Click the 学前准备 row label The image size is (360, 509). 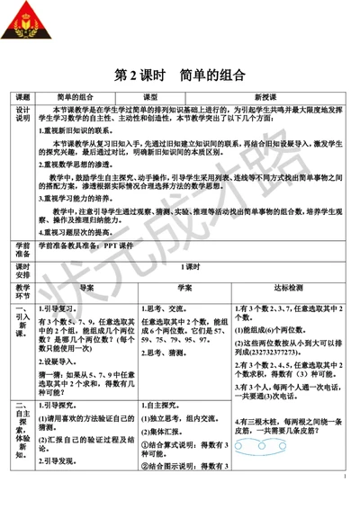pyautogui.click(x=23, y=249)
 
